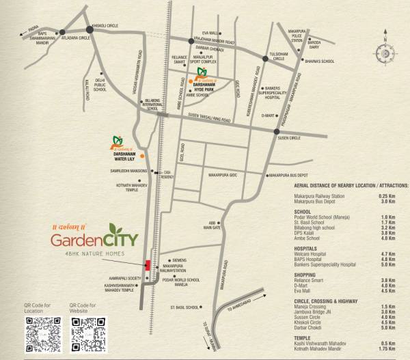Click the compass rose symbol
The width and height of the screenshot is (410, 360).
pos(383,53)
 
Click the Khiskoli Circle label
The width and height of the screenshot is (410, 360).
pos(105,25)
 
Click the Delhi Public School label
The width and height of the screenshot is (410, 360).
pos(100,84)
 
